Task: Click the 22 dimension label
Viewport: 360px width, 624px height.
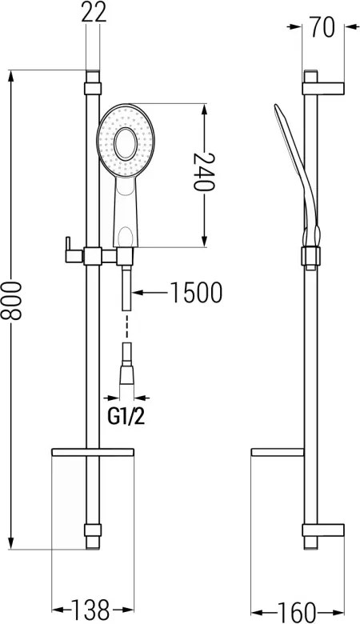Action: (x=94, y=13)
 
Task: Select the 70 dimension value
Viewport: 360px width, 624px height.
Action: (x=322, y=27)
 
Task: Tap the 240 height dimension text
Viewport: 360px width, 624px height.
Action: (x=204, y=172)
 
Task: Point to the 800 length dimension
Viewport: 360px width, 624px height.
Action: (x=10, y=301)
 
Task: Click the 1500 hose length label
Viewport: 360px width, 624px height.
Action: (x=196, y=293)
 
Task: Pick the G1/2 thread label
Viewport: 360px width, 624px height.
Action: (x=126, y=417)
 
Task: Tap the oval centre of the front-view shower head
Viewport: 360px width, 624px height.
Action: (x=126, y=144)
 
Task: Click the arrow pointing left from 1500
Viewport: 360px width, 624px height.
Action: (x=150, y=293)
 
